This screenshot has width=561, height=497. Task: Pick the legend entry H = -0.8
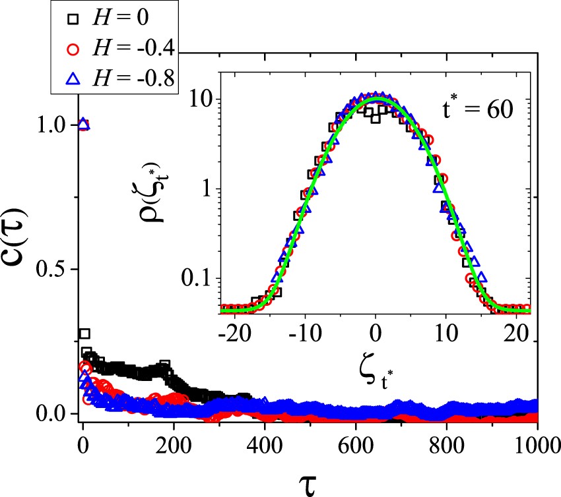(x=119, y=79)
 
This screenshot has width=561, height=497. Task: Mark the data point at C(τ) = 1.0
(x=82, y=125)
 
